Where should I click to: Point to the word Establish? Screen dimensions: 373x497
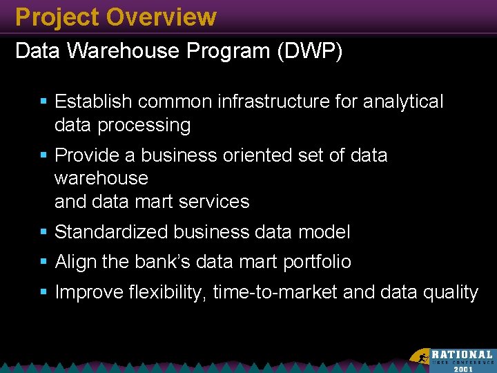93,102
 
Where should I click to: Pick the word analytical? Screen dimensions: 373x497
403,102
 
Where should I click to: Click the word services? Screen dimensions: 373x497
213,202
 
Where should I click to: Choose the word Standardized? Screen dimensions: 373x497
111,232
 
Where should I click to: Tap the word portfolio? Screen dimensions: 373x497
317,262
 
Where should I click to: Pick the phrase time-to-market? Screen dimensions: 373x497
275,293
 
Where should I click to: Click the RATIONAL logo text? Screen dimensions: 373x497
462,354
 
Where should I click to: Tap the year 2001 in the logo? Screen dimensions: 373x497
463,368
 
